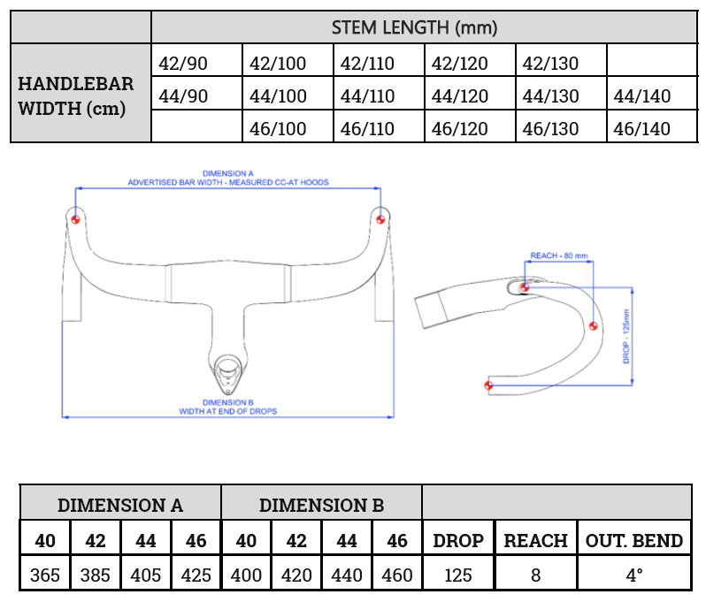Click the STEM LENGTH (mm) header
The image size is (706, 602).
click(x=414, y=27)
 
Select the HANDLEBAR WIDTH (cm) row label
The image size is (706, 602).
click(x=76, y=96)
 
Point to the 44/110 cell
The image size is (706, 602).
click(x=368, y=96)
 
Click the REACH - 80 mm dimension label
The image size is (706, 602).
click(x=558, y=255)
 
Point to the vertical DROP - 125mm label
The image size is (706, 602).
click(x=625, y=336)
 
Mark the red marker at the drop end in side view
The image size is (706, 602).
click(x=487, y=385)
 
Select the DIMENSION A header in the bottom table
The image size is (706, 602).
click(x=120, y=506)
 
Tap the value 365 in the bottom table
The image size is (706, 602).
click(x=45, y=575)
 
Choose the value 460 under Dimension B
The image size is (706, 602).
click(x=397, y=575)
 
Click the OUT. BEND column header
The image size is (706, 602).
click(x=634, y=540)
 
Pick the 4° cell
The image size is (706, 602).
click(x=634, y=575)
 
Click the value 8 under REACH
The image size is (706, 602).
click(x=535, y=575)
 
